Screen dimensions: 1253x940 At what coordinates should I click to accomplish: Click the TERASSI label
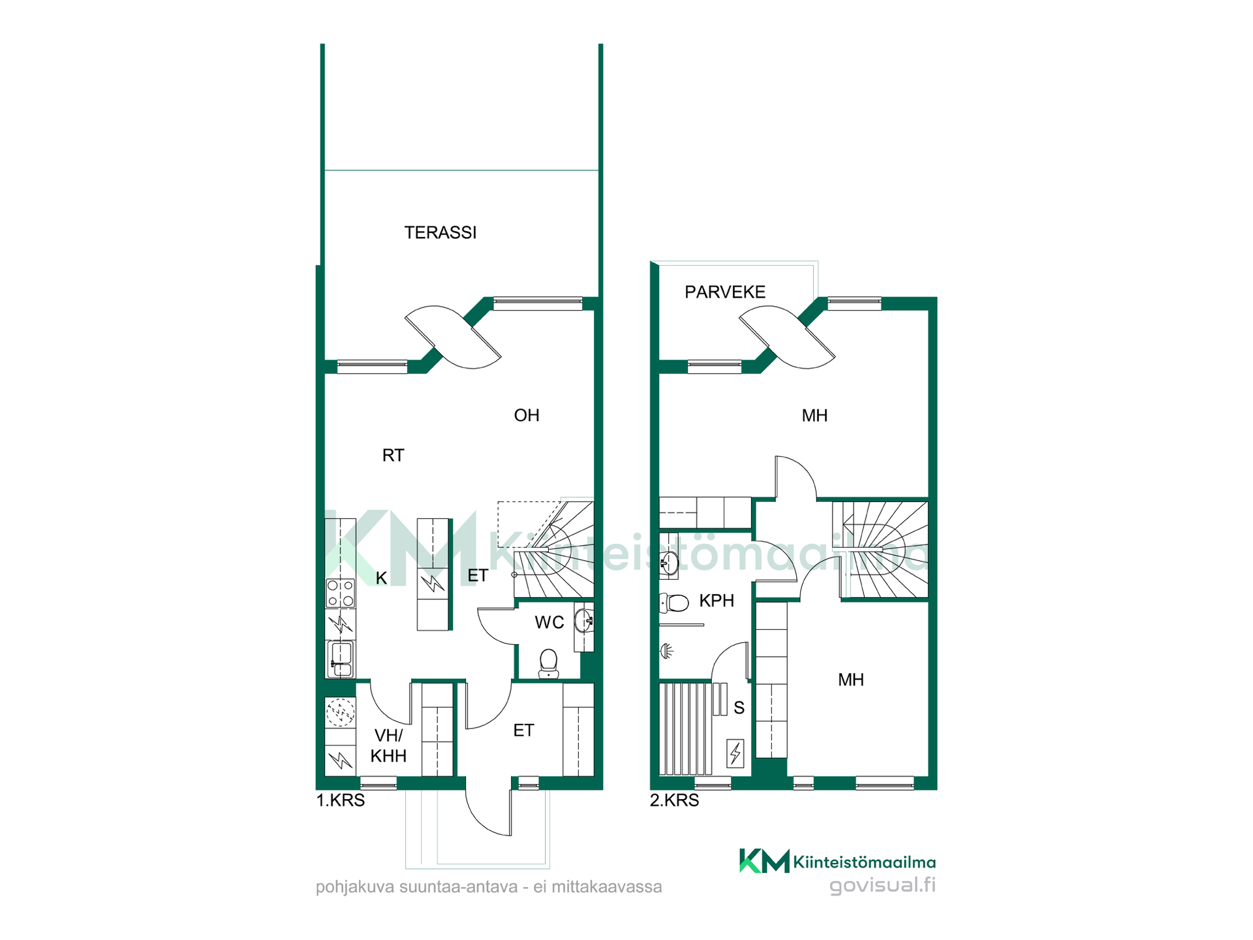coord(441,232)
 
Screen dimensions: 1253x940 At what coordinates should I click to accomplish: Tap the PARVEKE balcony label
coord(724,292)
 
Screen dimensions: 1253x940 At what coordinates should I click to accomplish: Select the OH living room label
coord(527,415)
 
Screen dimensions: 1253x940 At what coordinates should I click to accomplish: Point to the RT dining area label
coord(393,455)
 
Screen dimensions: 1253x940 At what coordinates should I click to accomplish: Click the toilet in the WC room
coord(549,663)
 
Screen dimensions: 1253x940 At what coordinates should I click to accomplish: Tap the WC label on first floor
coord(549,622)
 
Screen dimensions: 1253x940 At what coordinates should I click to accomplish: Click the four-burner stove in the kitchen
coord(341,593)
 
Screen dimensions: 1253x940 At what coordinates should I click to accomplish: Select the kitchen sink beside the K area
coord(341,659)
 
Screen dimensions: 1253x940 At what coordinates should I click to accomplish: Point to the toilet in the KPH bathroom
coord(674,603)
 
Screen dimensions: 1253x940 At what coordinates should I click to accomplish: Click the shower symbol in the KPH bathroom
coord(666,651)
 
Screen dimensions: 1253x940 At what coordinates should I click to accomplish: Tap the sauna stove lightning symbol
coord(735,753)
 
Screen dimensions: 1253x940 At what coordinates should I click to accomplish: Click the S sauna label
coord(739,708)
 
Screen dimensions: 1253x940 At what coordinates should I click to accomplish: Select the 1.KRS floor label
coord(341,800)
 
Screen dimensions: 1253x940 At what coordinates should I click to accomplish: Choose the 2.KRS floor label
coord(674,800)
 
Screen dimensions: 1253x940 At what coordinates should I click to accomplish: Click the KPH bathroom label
coord(717,601)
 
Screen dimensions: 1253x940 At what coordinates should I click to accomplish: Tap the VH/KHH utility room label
coord(388,745)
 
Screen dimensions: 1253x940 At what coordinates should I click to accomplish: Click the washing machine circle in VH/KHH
coord(340,713)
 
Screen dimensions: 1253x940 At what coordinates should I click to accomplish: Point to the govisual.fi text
coord(882,886)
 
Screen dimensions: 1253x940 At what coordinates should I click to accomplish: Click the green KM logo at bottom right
coord(764,861)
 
